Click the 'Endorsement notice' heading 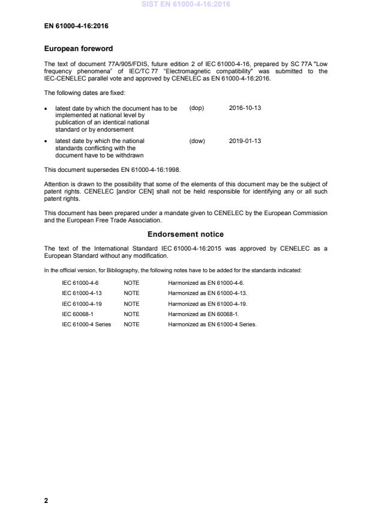186,234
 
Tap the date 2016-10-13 245,108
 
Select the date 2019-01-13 245,141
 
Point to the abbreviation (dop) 197,108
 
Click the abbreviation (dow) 197,141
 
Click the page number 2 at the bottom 46,501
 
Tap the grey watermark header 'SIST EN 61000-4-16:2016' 186,5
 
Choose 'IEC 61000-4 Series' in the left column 86,324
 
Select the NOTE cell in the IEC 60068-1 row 131,314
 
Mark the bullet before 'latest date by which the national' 47,141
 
